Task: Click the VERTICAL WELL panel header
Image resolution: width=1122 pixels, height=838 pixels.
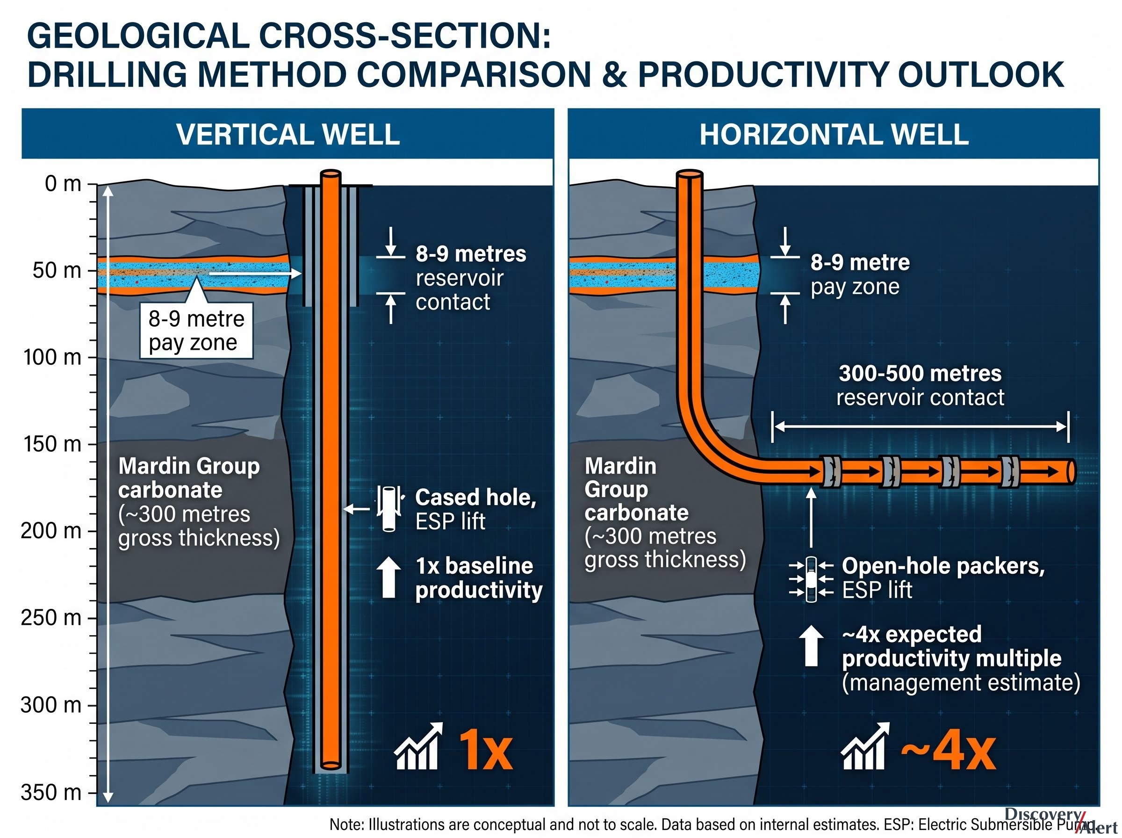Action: pos(288,134)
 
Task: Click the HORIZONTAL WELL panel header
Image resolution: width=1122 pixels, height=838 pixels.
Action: pos(834,134)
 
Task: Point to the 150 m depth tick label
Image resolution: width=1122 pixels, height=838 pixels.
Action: pos(52,444)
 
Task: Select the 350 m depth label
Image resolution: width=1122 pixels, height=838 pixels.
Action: pos(51,792)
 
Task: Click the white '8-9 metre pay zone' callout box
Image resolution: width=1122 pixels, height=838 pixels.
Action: pos(196,331)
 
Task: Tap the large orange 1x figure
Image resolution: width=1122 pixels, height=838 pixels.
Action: pos(485,751)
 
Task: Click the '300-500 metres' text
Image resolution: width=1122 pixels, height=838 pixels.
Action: pos(920,373)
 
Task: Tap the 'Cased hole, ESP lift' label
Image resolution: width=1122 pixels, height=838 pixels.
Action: pos(475,509)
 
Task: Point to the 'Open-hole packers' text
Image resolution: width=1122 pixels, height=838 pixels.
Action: pos(943,566)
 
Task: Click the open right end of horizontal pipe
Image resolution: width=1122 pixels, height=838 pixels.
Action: pos(1071,472)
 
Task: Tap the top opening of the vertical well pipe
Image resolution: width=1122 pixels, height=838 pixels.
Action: pos(331,174)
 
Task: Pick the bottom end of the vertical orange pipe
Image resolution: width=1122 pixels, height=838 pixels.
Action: pos(331,765)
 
